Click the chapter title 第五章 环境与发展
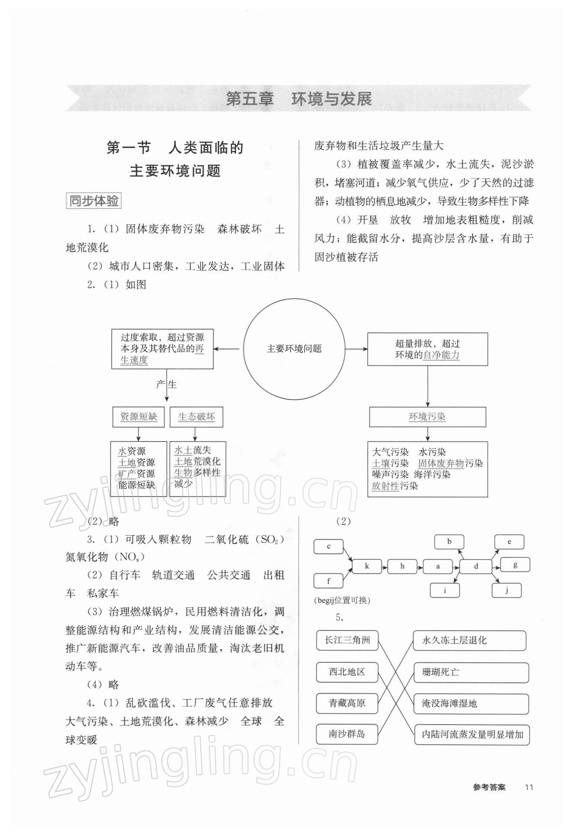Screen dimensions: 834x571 [299, 99]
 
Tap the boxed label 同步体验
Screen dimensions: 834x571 [94, 201]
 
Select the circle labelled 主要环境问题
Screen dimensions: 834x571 [294, 349]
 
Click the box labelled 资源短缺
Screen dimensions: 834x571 [138, 417]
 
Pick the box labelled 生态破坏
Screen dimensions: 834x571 [197, 417]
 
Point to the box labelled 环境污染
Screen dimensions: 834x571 [427, 417]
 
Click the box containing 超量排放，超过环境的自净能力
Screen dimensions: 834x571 [427, 349]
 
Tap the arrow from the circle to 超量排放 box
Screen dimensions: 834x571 [356, 349]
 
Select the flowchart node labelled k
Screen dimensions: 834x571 [367, 566]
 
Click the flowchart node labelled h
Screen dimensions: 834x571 [402, 566]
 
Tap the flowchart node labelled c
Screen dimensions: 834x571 [328, 547]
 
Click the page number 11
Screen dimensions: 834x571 [529, 787]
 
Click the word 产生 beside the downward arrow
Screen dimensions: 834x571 [166, 384]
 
